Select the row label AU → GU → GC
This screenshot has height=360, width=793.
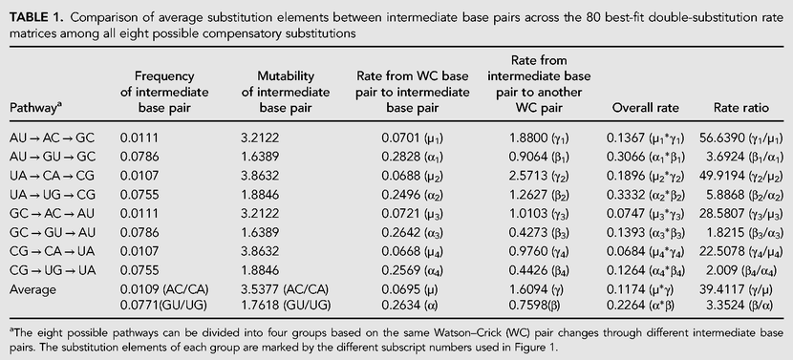(53, 157)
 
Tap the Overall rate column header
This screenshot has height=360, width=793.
(646, 108)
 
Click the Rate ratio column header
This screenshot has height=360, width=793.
(740, 108)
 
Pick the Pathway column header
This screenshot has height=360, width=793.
(33, 108)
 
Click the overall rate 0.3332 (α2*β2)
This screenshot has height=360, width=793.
(645, 195)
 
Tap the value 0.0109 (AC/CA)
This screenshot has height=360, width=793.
(164, 289)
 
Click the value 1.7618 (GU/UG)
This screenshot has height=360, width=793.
(286, 306)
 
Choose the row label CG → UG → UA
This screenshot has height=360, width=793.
(53, 270)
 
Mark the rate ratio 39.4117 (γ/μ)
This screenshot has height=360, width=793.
(736, 289)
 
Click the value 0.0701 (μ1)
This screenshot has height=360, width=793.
(412, 138)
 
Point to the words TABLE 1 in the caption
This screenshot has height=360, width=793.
(35, 19)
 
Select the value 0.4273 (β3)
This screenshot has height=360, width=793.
(539, 233)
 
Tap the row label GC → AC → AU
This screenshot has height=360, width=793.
(53, 214)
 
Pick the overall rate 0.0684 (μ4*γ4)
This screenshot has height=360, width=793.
(645, 252)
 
